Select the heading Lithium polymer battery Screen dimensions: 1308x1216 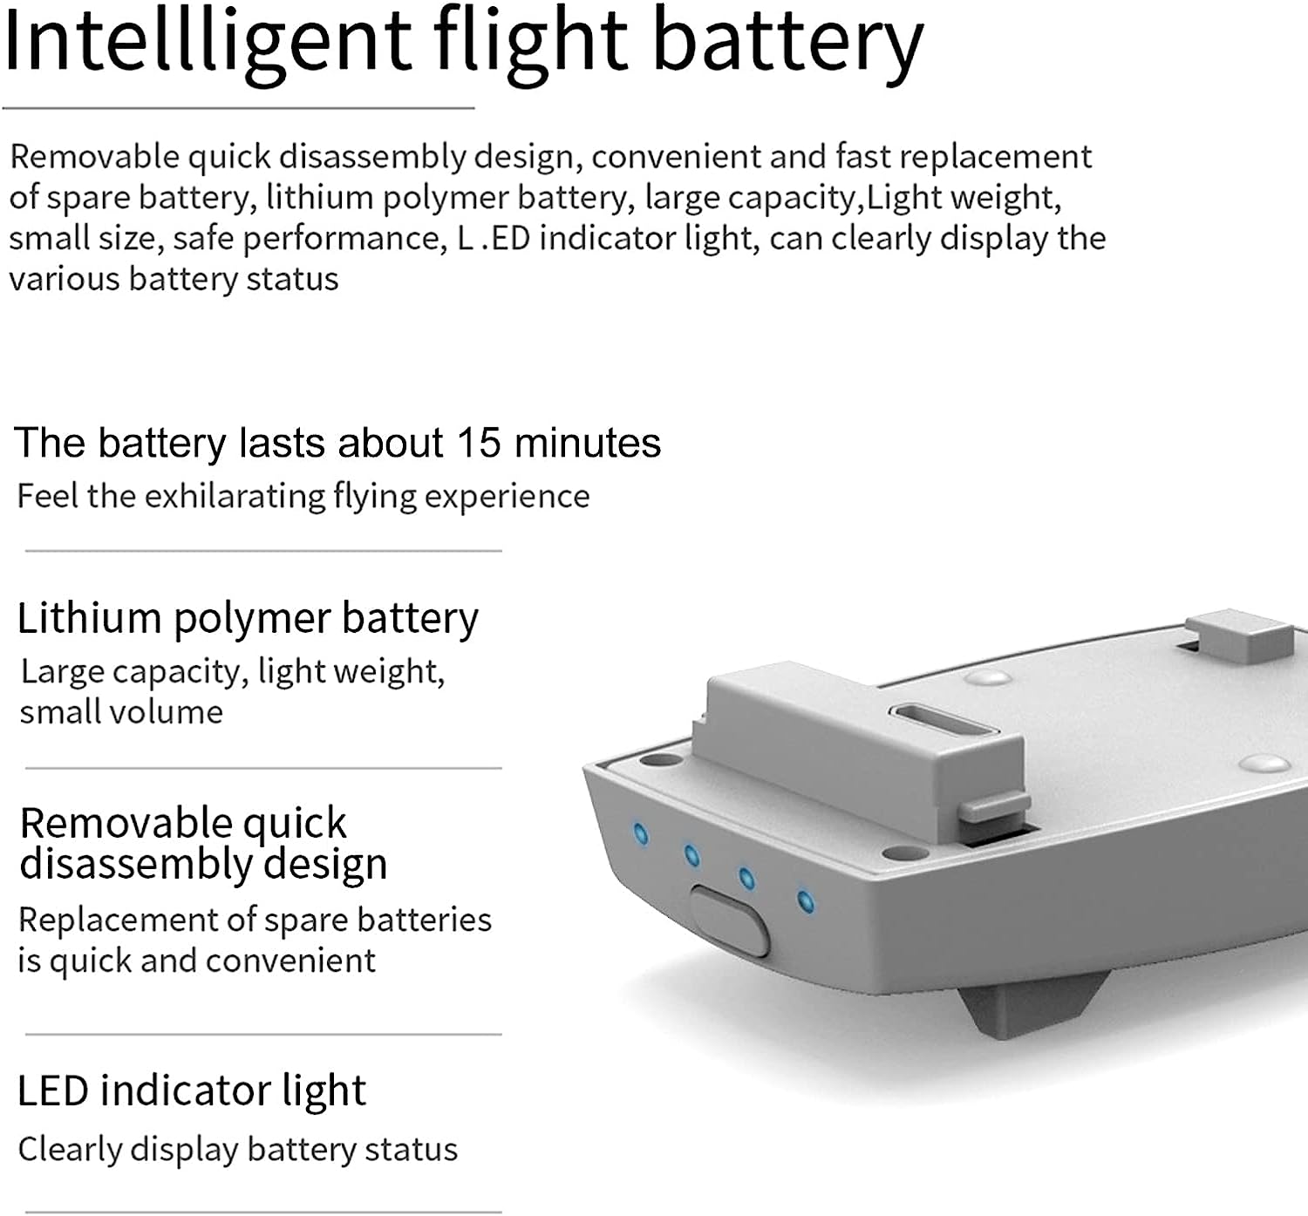click(248, 619)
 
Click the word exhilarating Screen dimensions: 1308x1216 click(235, 496)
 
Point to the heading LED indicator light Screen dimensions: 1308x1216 click(191, 1090)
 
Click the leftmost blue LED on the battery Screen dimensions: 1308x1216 click(640, 834)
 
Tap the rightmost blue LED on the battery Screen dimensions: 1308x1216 click(805, 900)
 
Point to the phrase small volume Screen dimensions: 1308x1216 click(121, 712)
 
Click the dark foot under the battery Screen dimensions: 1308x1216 click(1031, 1003)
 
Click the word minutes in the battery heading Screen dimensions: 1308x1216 click(588, 443)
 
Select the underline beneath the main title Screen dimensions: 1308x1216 click(238, 107)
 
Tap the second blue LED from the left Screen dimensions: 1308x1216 click(691, 855)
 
